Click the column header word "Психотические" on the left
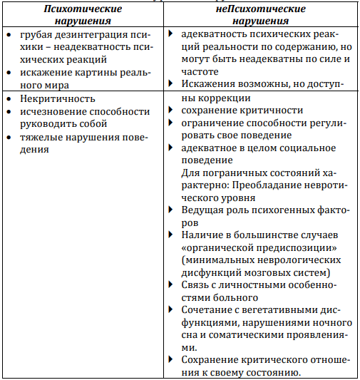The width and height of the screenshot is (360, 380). coord(83,9)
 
